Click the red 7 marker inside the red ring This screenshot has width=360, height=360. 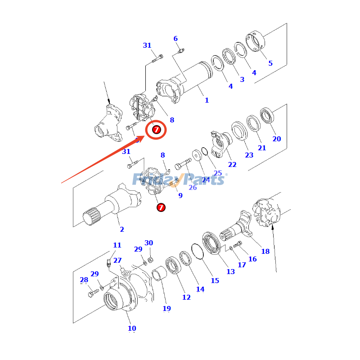[x=156, y=130]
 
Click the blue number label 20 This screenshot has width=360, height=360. [x=276, y=139]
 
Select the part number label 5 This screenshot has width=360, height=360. [x=270, y=63]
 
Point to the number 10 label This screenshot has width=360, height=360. [x=131, y=328]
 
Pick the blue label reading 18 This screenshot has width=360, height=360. [x=265, y=251]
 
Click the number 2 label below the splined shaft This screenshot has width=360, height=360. [x=121, y=229]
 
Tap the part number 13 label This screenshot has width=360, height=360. [x=230, y=271]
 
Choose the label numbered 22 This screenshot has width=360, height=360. [x=232, y=165]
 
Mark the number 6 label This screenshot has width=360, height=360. [x=176, y=39]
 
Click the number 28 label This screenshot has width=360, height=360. [x=84, y=280]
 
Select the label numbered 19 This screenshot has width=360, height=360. [x=166, y=308]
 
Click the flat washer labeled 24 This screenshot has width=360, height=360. [x=197, y=155]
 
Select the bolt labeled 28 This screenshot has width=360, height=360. [x=94, y=293]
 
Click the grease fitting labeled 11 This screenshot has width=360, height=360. [x=109, y=262]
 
